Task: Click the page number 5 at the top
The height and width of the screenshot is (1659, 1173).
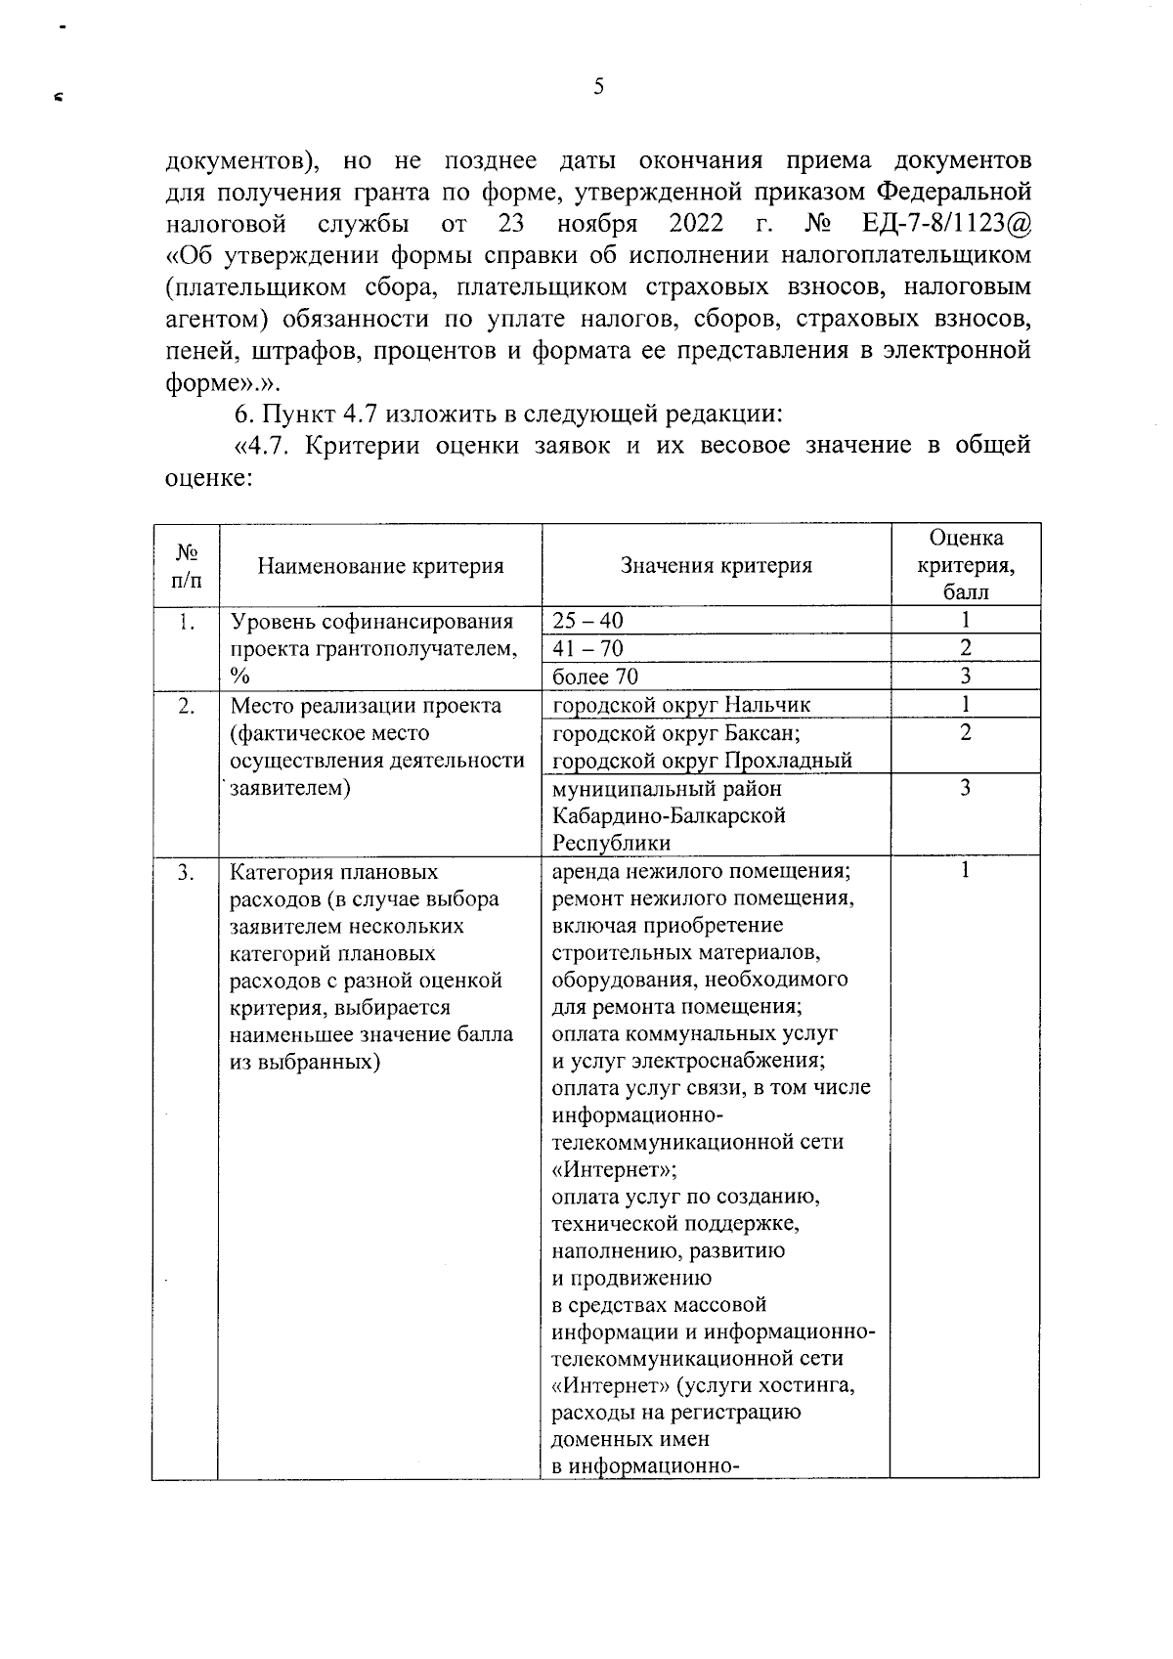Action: coord(598,88)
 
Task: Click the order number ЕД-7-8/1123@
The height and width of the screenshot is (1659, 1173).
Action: coord(946,224)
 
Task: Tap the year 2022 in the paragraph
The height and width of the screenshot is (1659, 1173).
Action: coord(696,224)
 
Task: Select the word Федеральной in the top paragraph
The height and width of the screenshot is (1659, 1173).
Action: coord(955,192)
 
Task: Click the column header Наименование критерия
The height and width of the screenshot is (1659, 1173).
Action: coord(380,565)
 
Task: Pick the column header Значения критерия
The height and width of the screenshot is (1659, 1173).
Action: coord(716,565)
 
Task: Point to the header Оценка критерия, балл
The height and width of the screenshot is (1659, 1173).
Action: coord(965,565)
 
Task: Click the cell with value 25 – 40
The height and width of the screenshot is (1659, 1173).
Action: coord(587,621)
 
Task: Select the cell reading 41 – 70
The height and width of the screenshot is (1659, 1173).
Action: coord(587,648)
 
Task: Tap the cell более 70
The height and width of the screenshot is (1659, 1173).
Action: coord(596,677)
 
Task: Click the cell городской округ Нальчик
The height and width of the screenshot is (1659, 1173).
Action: coord(681,705)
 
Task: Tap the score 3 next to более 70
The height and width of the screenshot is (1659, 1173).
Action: coord(965,677)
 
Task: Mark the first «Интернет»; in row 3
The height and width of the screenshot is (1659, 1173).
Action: coord(615,1169)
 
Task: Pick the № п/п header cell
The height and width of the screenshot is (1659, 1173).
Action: coord(186,565)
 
